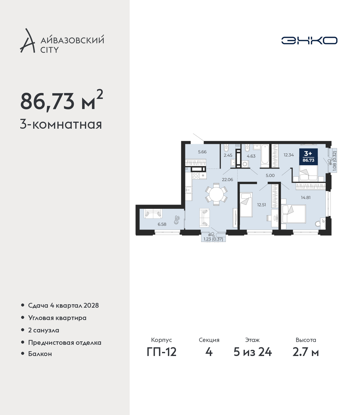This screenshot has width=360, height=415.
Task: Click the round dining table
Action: coord(216,194)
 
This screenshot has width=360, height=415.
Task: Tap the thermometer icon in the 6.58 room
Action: coord(176,220)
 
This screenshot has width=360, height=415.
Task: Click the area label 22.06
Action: coord(227,180)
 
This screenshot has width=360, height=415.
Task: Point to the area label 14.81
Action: coord(305,197)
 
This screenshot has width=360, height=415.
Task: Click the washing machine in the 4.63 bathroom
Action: coord(245,164)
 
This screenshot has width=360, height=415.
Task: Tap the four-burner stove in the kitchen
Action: coord(196,176)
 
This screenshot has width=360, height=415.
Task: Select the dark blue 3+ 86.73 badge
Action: coord(308,157)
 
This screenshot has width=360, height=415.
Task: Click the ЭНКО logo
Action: coord(309,40)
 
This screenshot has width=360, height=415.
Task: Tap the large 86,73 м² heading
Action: coord(62,100)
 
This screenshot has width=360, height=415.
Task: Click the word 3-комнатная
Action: coord(61,124)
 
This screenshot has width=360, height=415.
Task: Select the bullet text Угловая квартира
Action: coord(57,318)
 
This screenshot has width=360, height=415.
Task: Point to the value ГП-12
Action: coord(162,352)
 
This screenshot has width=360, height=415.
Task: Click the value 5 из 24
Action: coord(253,352)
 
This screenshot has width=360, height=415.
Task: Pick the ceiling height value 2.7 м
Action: coord(305,352)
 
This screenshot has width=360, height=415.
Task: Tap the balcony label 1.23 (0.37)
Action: coord(213,239)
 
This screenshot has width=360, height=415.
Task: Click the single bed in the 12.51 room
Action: coord(246,205)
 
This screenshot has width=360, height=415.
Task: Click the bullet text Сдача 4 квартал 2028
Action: coord(63,305)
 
